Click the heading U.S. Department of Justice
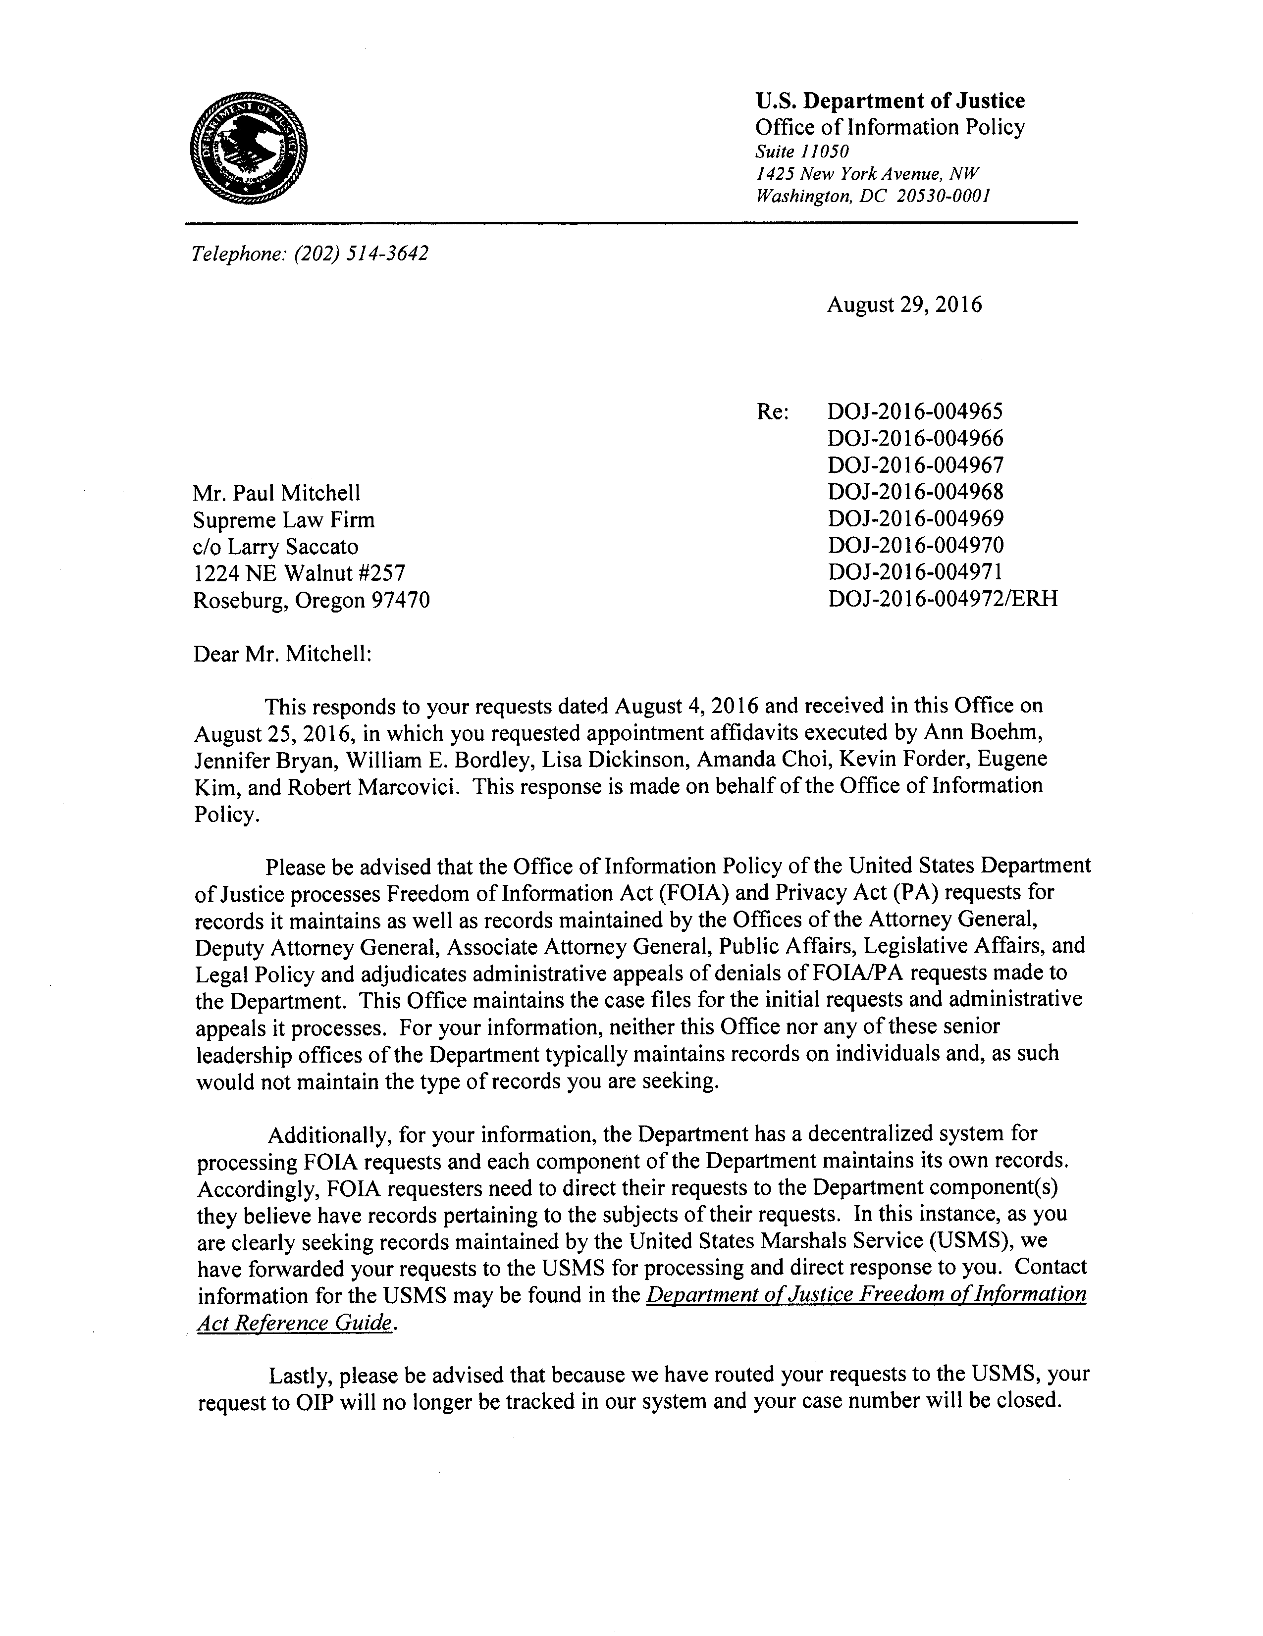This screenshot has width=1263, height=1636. (x=889, y=101)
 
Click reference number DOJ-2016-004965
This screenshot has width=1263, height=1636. (x=915, y=411)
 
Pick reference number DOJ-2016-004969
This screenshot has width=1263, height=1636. (x=915, y=518)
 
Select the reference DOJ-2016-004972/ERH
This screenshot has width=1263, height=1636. (x=943, y=599)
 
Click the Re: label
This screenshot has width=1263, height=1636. (x=772, y=412)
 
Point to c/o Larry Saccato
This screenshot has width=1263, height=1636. (x=276, y=546)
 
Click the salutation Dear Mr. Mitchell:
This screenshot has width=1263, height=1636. (x=282, y=654)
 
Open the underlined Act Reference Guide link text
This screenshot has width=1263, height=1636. (x=294, y=1323)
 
